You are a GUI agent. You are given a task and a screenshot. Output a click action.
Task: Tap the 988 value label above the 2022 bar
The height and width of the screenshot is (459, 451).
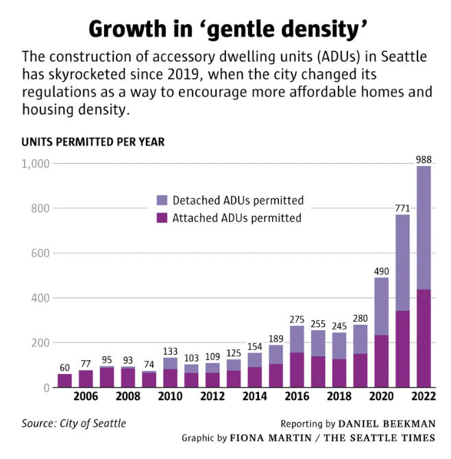[424, 160]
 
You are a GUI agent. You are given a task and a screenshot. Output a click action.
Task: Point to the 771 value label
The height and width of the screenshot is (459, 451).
[402, 208]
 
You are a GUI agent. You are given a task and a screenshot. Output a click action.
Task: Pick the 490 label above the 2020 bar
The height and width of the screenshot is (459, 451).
[381, 271]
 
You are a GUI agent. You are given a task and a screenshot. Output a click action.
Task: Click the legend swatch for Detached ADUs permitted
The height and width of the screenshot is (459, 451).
[162, 201]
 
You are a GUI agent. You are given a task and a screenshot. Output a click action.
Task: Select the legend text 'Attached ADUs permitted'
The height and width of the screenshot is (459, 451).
[236, 218]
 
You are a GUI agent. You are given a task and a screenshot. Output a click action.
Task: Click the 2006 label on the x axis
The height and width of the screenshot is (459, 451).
[86, 397]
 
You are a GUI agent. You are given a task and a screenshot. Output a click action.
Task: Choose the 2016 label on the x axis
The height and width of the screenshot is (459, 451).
[297, 397]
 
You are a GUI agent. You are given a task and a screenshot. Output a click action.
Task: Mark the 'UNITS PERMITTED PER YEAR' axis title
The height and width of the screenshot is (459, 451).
[93, 142]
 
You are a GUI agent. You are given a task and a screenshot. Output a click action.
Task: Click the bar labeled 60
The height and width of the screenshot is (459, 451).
[64, 380]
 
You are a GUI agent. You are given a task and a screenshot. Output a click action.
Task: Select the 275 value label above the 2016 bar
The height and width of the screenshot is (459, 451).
[297, 319]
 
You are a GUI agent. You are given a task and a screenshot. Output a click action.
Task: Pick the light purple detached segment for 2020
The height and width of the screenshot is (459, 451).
[381, 306]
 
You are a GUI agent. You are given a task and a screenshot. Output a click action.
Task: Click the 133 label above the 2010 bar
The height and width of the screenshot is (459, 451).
[170, 351]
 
